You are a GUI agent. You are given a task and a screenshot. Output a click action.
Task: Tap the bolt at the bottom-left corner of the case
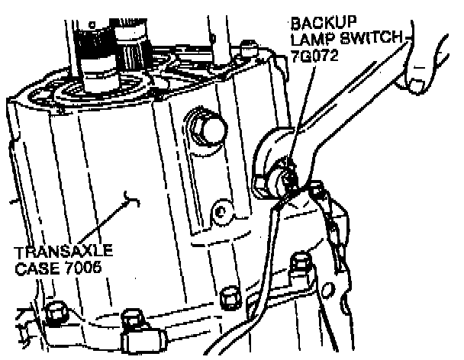click(55, 313)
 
